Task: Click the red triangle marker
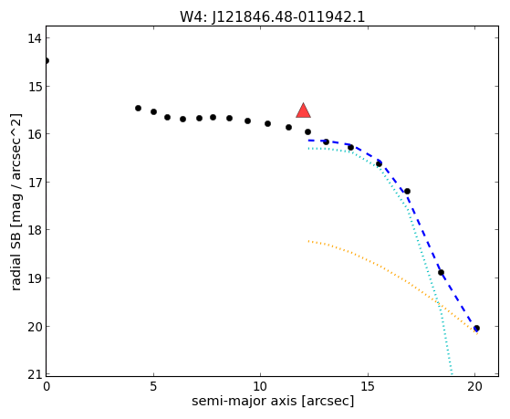coord(303,110)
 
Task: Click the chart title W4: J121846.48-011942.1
coord(272,17)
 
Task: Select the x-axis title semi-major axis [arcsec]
coord(273,401)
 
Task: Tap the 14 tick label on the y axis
coord(34,38)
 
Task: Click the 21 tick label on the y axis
coord(34,374)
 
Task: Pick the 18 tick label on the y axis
coord(34,230)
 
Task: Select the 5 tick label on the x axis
coord(153,386)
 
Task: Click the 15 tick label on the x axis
coord(368,386)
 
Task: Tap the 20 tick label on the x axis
coord(474,386)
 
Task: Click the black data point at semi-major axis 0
coord(47,60)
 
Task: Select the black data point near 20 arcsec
coord(476,328)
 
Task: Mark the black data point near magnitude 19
coord(441,273)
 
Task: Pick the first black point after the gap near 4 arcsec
coord(139,108)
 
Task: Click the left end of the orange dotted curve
coord(308,241)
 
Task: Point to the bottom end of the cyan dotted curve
coord(452,374)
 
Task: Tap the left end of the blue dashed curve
coord(308,141)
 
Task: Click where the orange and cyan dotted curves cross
coord(439,304)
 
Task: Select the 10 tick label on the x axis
coord(261,386)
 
